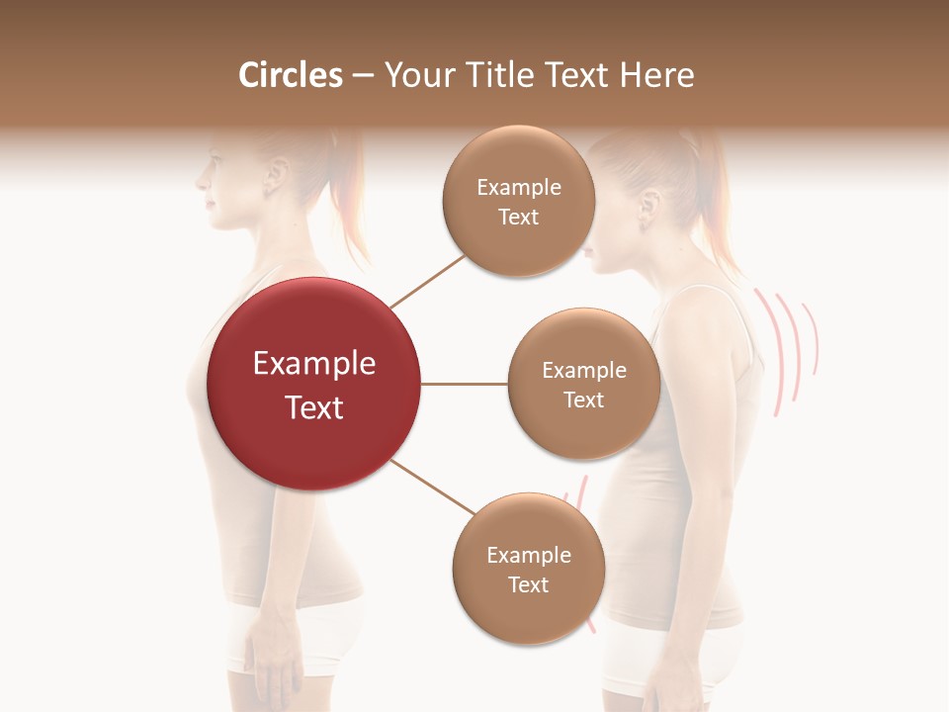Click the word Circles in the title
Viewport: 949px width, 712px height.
[x=291, y=75]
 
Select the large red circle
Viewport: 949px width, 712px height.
[x=314, y=384]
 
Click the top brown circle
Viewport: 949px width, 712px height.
[x=519, y=201]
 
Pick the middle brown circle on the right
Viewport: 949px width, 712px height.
[x=584, y=384]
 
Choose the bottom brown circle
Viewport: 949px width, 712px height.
[x=528, y=569]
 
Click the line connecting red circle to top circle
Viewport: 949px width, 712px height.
[x=427, y=280]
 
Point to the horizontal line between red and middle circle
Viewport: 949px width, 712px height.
[x=465, y=384]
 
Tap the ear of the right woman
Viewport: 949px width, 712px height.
[x=649, y=207]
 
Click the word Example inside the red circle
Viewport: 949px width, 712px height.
[x=314, y=364]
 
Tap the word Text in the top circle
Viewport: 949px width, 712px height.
[x=519, y=217]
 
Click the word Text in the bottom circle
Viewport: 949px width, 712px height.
[x=528, y=584]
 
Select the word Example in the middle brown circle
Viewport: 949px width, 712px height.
[x=584, y=370]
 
